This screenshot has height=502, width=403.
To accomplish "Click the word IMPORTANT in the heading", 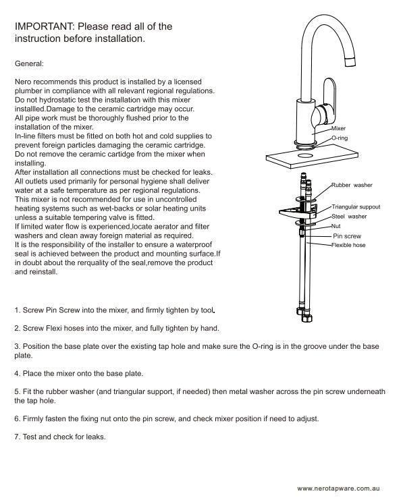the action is point(44,26).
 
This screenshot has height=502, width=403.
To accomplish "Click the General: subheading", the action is point(29,63).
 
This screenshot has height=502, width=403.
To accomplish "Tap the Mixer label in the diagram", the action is point(338,128).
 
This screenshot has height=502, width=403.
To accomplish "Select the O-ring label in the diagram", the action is point(340,138).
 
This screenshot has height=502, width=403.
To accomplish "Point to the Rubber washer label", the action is point(352,185).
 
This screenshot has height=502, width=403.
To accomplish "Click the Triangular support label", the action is point(356,207).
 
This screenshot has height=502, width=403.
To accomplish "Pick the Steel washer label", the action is point(349,217).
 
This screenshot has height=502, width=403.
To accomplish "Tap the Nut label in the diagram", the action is point(335,226).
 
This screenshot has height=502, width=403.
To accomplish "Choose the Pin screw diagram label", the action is point(347,236).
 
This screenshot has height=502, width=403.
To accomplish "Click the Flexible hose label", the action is point(348,245).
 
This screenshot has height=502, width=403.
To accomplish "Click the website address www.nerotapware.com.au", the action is point(338,489).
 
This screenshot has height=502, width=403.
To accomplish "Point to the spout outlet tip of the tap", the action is point(350,62).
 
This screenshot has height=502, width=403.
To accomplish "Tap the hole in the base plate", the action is point(305,156).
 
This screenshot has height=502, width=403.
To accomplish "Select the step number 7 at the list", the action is point(17,437).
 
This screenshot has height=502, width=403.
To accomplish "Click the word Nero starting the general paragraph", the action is point(23,82).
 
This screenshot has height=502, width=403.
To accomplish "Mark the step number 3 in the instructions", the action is point(18,346).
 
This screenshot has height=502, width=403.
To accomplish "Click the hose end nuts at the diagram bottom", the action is point(304,314).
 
